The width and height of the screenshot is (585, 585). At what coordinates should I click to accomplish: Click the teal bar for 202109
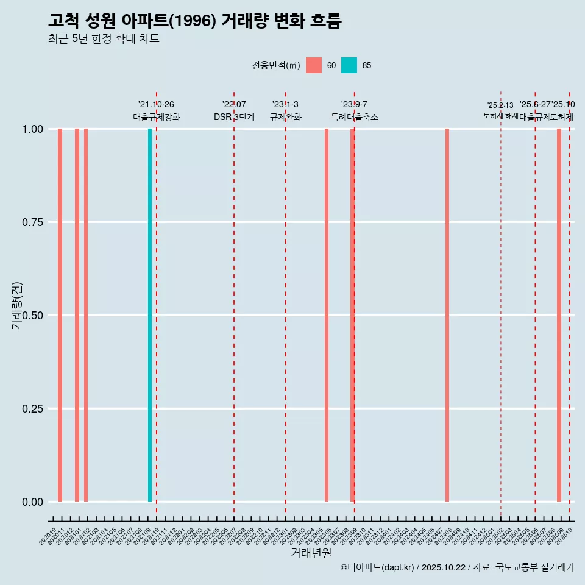point(150,315)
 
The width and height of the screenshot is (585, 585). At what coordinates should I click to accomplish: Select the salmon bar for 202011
point(60,315)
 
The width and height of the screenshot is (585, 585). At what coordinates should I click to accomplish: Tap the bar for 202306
point(327,315)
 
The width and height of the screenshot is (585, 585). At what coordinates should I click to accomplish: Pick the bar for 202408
point(447,315)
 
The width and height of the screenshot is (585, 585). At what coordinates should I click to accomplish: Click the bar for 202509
point(559,315)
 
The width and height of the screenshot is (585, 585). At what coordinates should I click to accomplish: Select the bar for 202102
point(86,315)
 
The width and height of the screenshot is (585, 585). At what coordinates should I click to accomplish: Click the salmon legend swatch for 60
point(314,65)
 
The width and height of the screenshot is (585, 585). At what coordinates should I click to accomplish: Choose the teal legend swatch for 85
point(349,65)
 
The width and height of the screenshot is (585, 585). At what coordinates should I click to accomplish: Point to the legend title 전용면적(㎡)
point(276,65)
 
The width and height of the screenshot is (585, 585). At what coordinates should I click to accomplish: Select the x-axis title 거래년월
point(311,553)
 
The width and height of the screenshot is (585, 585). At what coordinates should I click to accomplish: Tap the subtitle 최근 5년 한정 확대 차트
point(104,39)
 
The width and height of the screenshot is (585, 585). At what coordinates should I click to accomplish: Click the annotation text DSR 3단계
point(234,117)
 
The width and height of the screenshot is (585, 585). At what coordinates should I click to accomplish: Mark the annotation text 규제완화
point(286,117)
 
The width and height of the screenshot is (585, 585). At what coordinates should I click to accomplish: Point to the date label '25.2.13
point(500,105)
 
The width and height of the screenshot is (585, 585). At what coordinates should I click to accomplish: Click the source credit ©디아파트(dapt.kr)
point(377,567)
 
